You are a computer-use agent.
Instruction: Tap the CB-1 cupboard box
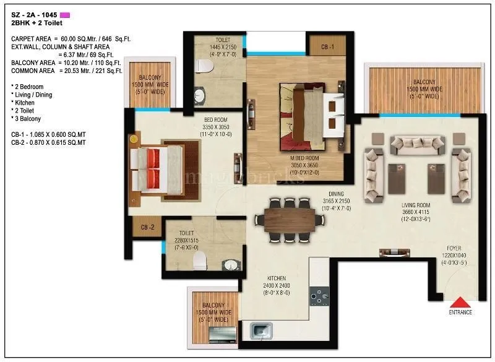[327, 47]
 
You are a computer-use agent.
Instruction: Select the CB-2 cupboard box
[147, 227]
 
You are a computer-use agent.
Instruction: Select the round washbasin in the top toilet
[200, 95]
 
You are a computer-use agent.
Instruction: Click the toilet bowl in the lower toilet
[199, 261]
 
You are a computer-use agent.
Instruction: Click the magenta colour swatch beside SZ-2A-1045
[64, 14]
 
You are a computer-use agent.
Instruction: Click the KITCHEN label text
[275, 279]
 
